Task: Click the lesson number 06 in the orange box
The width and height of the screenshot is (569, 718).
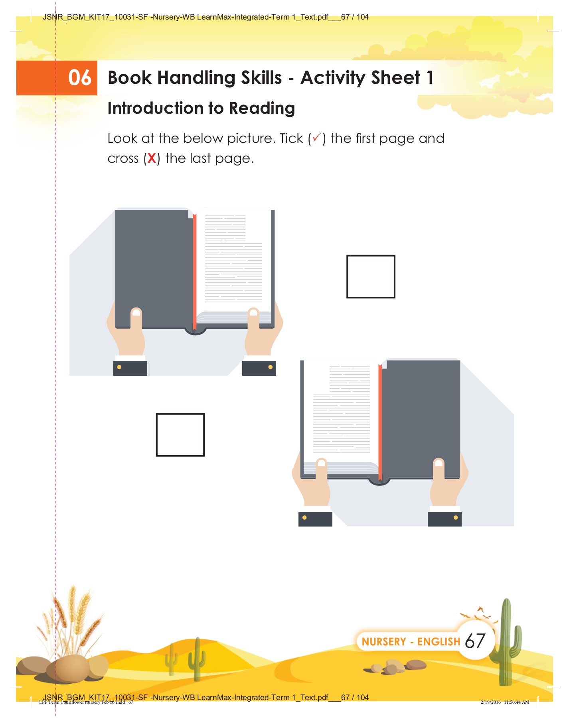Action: [79, 77]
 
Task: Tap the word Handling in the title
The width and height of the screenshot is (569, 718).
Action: [199, 78]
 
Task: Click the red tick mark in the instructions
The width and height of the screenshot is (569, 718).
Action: [317, 138]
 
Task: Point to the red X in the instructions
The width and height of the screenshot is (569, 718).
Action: [152, 158]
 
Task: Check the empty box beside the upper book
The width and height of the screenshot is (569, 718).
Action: [370, 276]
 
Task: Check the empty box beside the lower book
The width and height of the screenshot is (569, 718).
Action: [180, 434]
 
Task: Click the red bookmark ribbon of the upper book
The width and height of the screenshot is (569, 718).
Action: [195, 271]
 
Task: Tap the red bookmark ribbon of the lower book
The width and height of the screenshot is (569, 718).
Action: [380, 423]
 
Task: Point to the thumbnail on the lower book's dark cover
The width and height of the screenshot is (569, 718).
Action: [439, 463]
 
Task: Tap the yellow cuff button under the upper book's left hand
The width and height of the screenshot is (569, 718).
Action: [119, 367]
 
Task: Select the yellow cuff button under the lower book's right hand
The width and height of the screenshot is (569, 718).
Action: [456, 518]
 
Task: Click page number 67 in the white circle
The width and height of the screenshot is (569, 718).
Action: [475, 641]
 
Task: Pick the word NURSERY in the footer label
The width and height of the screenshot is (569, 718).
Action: [383, 642]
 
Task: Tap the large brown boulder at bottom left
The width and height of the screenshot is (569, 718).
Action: [68, 668]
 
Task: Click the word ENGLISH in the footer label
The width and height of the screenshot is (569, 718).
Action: [439, 642]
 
